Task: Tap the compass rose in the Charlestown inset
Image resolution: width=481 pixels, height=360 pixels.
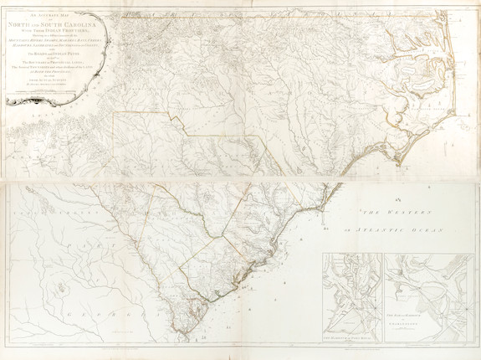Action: (x=458, y=313)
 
